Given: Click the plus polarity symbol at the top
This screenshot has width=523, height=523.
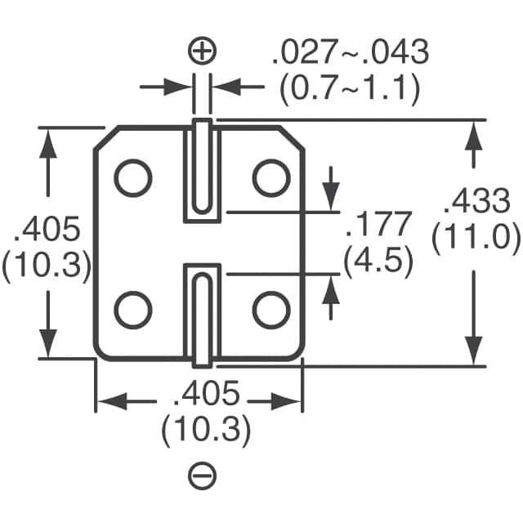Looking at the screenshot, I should pos(202,51).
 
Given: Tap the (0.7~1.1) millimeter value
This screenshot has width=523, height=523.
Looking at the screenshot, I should pos(349,88).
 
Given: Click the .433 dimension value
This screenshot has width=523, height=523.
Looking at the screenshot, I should pos(474,201).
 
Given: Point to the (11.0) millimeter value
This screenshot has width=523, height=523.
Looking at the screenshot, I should pos(476,238).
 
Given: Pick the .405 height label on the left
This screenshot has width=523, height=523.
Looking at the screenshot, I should pos(47,230).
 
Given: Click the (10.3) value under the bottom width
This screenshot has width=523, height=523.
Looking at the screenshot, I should pos(205,431).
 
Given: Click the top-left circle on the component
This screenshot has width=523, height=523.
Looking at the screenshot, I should pos(132,178).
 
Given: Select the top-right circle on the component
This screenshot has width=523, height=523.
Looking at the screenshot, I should pos(270,178).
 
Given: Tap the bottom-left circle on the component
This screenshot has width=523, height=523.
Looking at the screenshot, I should pos(132,311).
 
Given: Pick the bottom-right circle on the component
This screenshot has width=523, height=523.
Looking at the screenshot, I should pos(270,311).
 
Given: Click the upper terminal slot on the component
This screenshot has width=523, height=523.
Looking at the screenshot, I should pos(202,170).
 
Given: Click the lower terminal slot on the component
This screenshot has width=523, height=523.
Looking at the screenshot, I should pos(202,315).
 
